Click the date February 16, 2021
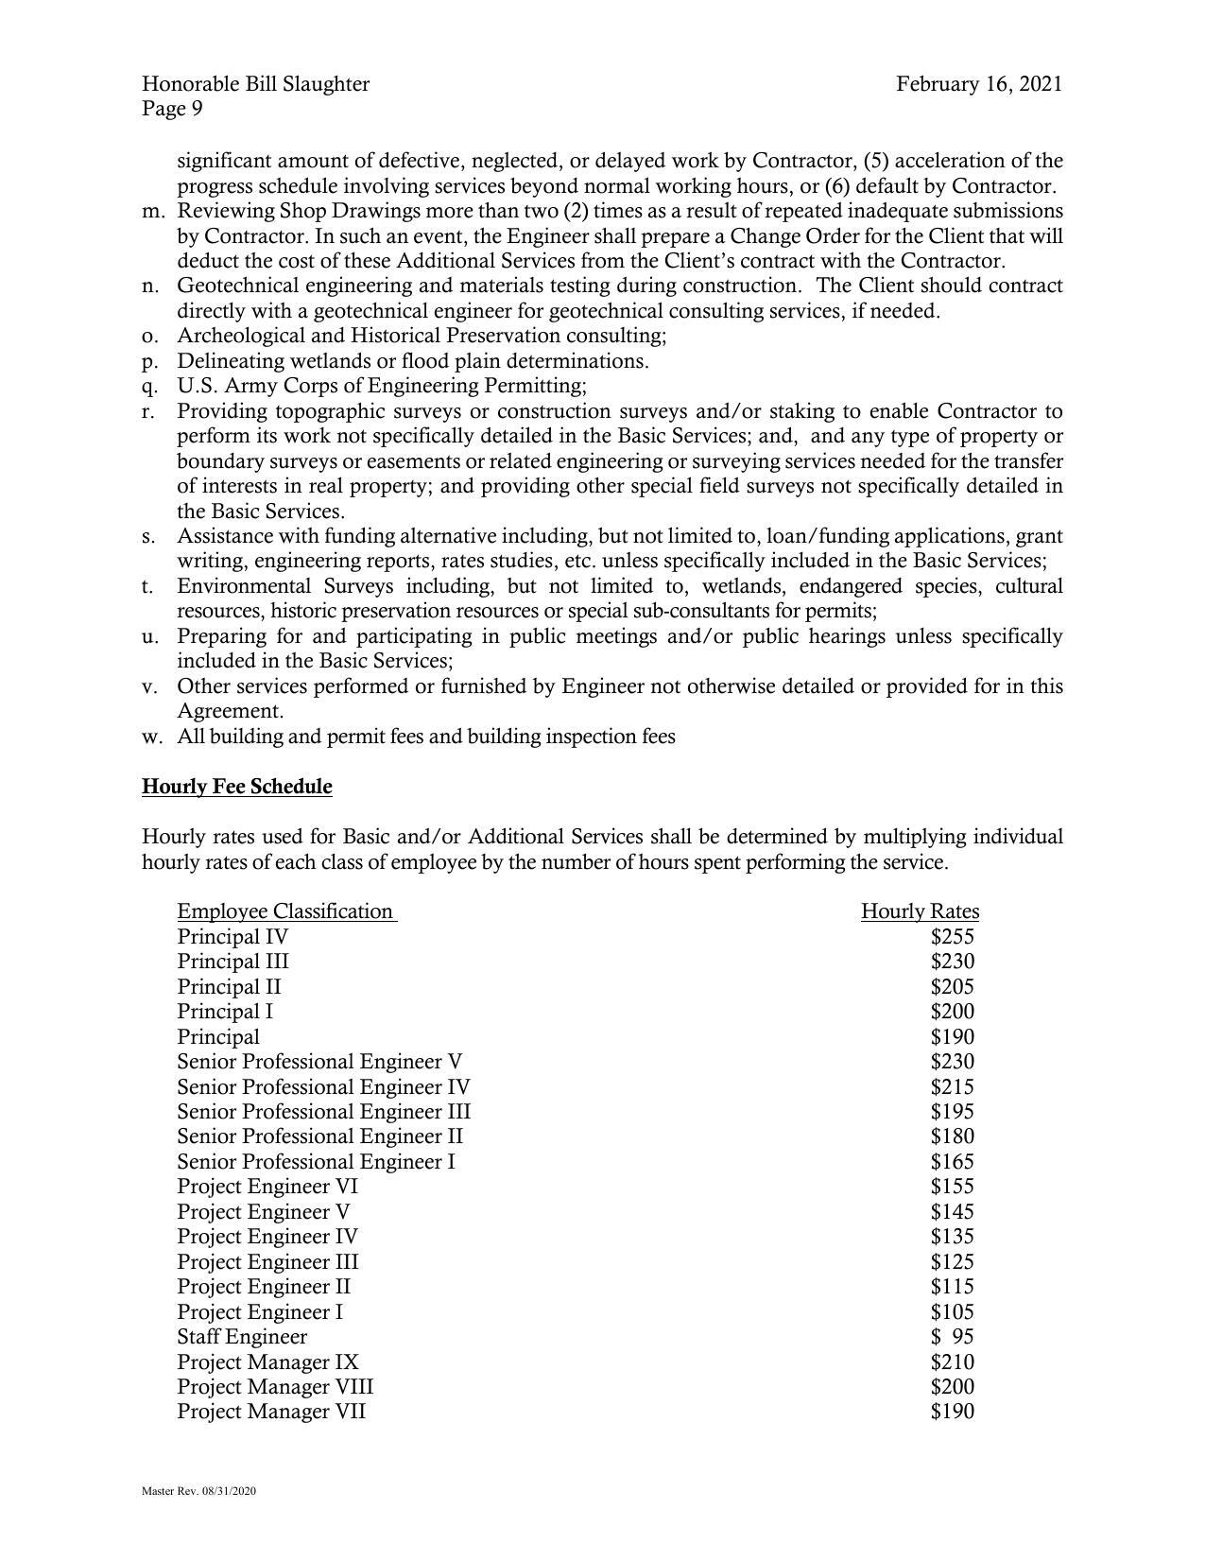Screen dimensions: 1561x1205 point(979,84)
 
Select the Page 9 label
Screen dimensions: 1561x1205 point(172,109)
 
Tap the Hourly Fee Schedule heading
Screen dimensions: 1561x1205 point(236,787)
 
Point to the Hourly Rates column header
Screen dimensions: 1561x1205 point(920,911)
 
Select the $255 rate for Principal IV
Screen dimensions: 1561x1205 point(952,937)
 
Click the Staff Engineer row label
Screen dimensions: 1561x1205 point(242,1337)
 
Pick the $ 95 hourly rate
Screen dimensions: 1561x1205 point(952,1337)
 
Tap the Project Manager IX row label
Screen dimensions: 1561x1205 point(267,1362)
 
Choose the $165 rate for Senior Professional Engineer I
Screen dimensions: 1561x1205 point(952,1162)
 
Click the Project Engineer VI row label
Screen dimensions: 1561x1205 point(267,1187)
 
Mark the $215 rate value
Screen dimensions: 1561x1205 point(952,1087)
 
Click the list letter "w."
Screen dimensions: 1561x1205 point(152,737)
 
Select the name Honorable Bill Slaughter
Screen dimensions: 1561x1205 point(255,84)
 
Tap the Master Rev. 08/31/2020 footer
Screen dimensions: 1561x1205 point(198,1491)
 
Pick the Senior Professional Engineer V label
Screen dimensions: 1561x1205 point(319,1062)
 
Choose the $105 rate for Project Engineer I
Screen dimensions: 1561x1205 point(952,1312)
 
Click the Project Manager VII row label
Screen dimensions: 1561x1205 point(271,1412)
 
